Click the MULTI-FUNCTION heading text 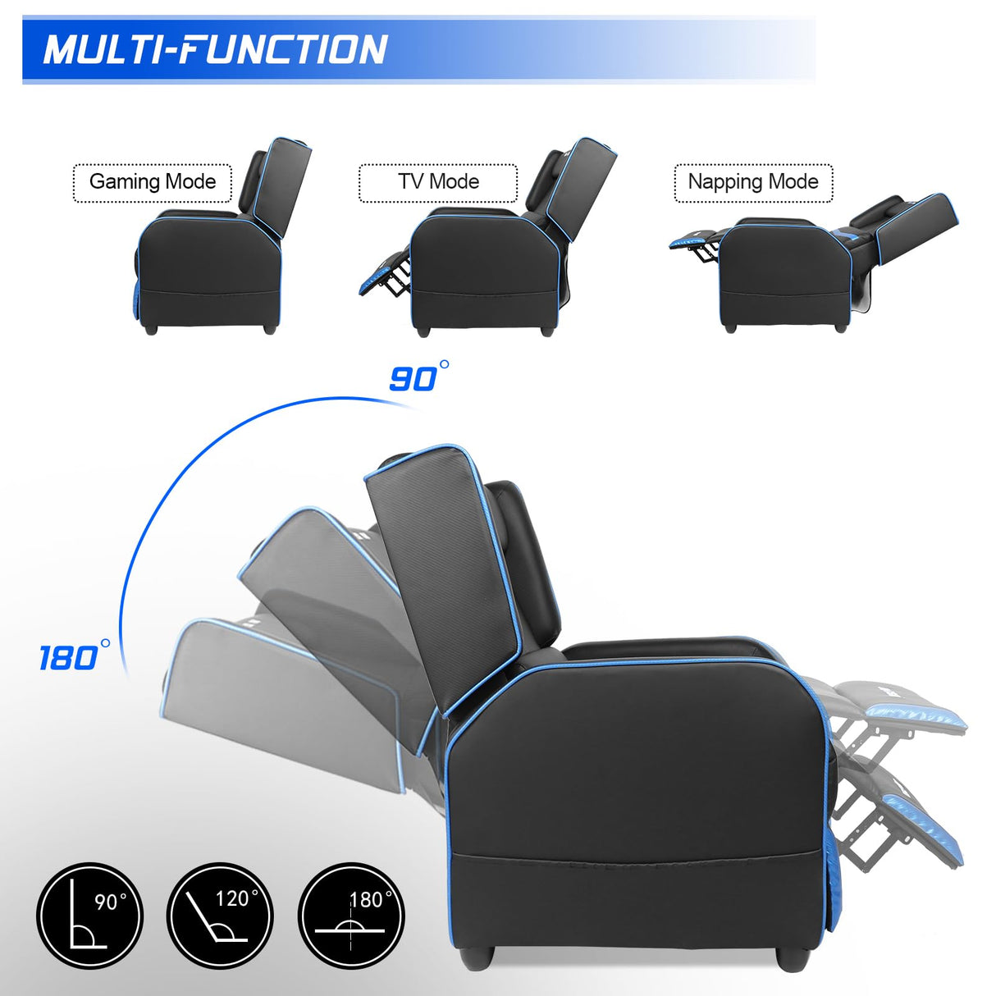215,49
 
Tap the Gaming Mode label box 153,182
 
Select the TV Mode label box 438,182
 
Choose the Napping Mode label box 753,182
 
